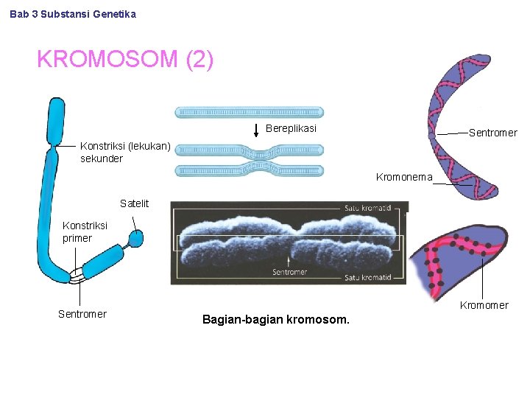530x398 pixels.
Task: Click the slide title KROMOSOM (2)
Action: (x=125, y=59)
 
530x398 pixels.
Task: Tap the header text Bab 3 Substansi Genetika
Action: (x=73, y=14)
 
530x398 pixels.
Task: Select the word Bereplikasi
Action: (x=291, y=129)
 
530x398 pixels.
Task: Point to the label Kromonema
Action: (x=403, y=178)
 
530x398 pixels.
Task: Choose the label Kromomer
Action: (x=484, y=305)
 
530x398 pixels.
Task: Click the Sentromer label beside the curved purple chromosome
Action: (x=492, y=133)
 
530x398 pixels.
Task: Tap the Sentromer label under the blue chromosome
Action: (x=82, y=315)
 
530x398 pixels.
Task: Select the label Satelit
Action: (x=134, y=203)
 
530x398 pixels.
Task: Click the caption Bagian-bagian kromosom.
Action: (x=276, y=320)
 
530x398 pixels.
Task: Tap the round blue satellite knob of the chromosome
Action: (x=135, y=238)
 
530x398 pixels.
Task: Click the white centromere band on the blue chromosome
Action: (x=77, y=276)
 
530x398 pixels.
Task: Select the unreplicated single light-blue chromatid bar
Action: (x=249, y=113)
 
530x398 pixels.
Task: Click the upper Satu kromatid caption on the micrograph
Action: (x=367, y=209)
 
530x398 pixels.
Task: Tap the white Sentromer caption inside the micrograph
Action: (x=289, y=272)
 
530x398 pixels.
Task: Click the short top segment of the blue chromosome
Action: (x=55, y=122)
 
